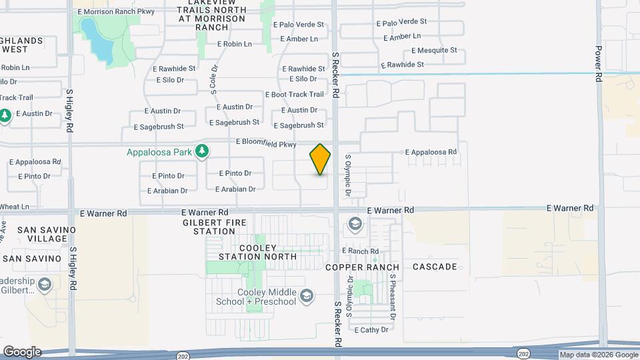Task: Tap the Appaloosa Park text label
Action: [x=159, y=152]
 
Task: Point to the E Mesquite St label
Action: [x=434, y=50]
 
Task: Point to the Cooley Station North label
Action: [x=258, y=252]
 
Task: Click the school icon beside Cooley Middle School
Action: [x=307, y=295]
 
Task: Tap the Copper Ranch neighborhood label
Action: [x=363, y=267]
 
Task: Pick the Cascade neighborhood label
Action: [x=435, y=267]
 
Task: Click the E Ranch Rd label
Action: [x=360, y=251]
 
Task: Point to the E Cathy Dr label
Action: [x=371, y=330]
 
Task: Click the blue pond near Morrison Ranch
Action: [x=97, y=39]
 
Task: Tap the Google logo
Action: [x=22, y=352]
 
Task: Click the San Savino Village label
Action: [x=47, y=234]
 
